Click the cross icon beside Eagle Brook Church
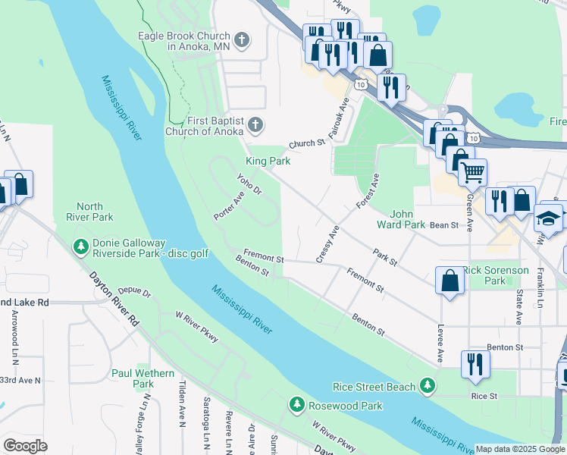click(x=241, y=39)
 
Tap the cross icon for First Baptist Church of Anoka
click(x=256, y=124)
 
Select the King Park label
click(x=268, y=161)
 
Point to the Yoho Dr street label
click(x=249, y=184)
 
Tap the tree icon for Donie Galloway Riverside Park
click(x=81, y=246)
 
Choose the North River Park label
click(x=95, y=212)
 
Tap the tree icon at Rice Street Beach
click(x=428, y=387)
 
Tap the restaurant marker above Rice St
click(x=475, y=362)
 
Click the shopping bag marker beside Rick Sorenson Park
click(x=450, y=280)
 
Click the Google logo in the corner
click(x=24, y=445)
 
